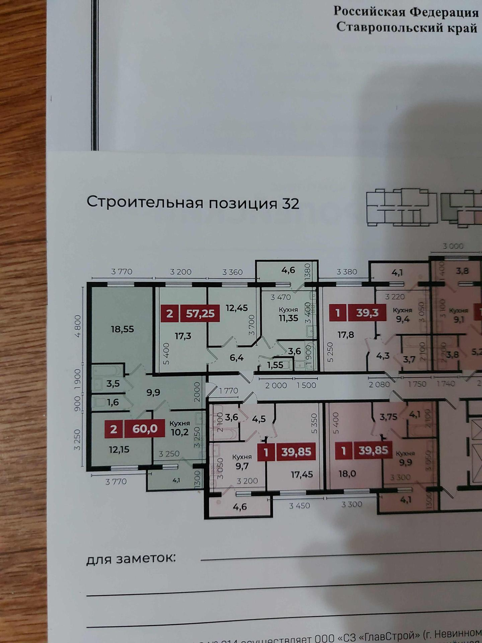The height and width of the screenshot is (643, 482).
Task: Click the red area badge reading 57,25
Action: coord(200,314)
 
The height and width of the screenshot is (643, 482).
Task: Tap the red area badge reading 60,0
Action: coord(145,429)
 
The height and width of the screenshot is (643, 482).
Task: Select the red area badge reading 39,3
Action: coord(367,313)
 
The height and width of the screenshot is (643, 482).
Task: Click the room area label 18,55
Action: coord(122,330)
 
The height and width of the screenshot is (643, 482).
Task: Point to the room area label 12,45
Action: coord(237,308)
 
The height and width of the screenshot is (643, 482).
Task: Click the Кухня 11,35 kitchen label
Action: coord(288,314)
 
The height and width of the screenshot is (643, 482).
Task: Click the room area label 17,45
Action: coord(302,475)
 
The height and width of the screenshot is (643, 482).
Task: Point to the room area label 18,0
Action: coord(347,474)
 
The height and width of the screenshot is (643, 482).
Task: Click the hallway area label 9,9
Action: coord(153,392)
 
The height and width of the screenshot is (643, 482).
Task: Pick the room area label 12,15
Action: coord(119,450)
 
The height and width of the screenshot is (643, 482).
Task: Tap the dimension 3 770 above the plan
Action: coord(122,271)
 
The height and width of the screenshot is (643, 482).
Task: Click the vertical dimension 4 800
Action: coord(78,326)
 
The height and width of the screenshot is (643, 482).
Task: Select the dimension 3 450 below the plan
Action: coord(299,505)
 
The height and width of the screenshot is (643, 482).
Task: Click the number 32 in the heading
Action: coord(290,204)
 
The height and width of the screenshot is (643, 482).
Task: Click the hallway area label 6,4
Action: coord(237,358)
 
